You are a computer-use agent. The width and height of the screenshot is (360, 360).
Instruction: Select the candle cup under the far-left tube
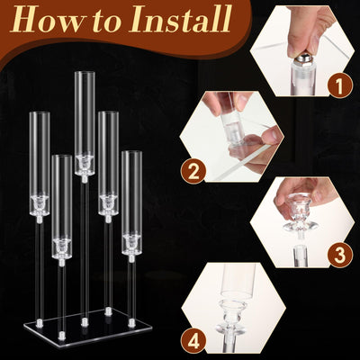point(39,204)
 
